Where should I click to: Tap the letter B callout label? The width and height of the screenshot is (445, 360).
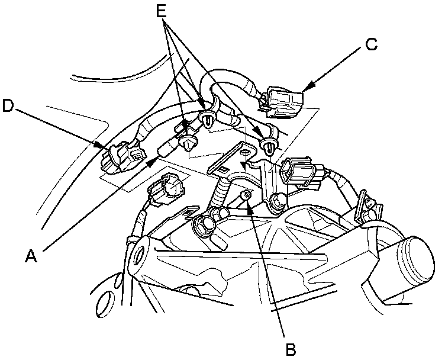tap(291, 349)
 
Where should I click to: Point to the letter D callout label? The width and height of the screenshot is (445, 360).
tap(8, 105)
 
